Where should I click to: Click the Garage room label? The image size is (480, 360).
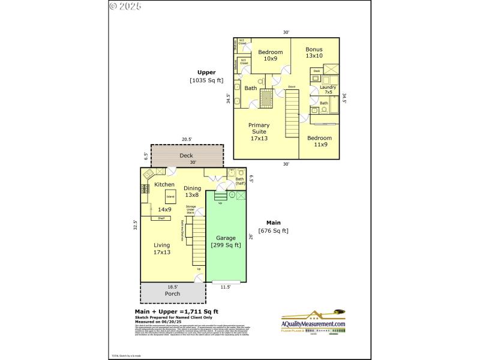pos(226,238)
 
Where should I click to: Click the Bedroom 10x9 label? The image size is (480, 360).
pos(271,55)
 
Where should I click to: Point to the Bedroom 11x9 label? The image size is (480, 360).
pos(319,141)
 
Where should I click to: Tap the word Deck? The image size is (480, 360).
pos(186,156)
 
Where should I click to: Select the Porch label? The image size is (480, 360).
pos(172,294)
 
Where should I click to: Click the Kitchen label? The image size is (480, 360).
pos(164,184)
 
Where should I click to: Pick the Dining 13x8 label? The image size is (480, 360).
pos(192,191)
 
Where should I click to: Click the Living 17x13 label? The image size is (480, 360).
pos(161,249)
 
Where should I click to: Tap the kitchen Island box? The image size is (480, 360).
pos(170,197)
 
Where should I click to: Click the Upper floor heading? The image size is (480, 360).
pos(206,72)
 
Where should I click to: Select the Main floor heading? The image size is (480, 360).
pos(274,223)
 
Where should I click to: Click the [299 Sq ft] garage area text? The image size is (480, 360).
pos(226,245)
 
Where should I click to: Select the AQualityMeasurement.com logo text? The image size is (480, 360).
pos(314,324)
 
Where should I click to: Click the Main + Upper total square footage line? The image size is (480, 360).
pos(176,311)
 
